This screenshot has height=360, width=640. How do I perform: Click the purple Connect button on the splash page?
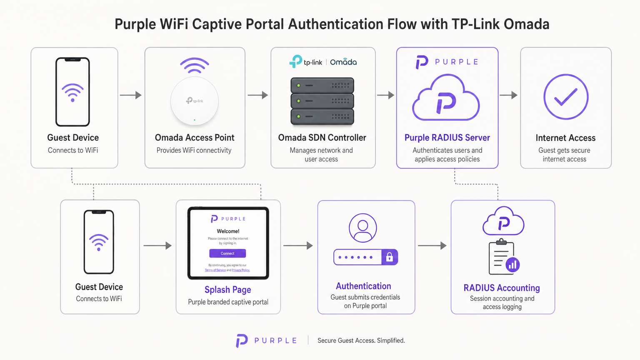coord(227,253)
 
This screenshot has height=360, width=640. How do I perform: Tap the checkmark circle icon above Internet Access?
coord(566,97)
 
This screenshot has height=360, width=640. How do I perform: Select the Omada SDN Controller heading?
coord(322,137)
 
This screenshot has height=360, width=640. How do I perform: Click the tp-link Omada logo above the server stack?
coord(323,62)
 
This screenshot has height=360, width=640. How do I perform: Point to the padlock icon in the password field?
coord(390,257)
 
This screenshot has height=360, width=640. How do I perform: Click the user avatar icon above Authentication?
coord(363,228)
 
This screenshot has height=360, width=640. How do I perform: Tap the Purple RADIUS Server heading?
coord(447,137)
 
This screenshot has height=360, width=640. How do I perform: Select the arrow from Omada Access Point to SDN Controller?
coord(257,95)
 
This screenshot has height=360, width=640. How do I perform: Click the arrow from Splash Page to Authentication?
coord(298,246)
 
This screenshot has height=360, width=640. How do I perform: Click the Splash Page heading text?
coord(227,290)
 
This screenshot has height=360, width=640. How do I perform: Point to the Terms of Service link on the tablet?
coord(215,270)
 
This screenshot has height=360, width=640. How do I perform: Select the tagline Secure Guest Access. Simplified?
coord(361,340)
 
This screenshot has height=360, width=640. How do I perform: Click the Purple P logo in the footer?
coord(242,340)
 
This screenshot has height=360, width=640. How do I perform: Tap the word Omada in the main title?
coord(526,24)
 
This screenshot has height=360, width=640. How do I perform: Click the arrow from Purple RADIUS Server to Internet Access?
coord(508,95)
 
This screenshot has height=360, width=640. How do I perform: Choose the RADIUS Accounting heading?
coord(502,288)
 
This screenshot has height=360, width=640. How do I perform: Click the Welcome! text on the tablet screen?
coord(228,231)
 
